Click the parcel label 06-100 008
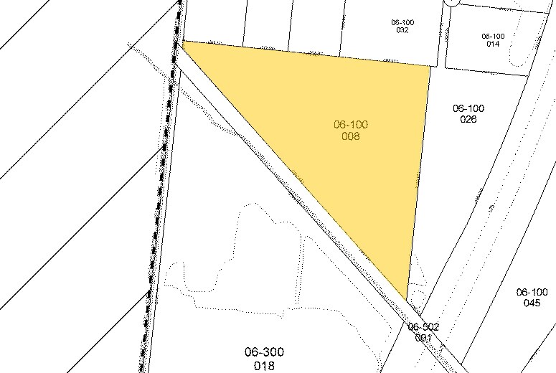click(351, 130)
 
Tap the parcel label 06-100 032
click(402, 26)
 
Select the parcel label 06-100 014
click(493, 39)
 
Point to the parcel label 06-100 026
click(468, 113)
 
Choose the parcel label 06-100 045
click(532, 297)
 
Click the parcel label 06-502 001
click(423, 331)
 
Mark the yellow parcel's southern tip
click(407, 300)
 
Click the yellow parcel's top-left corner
click(184, 42)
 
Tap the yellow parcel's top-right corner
click(430, 65)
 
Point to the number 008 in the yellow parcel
click(351, 136)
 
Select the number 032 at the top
click(402, 30)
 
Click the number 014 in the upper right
click(493, 44)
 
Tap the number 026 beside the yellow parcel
click(468, 119)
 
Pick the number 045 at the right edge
click(532, 303)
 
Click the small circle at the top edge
click(451, 2)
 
